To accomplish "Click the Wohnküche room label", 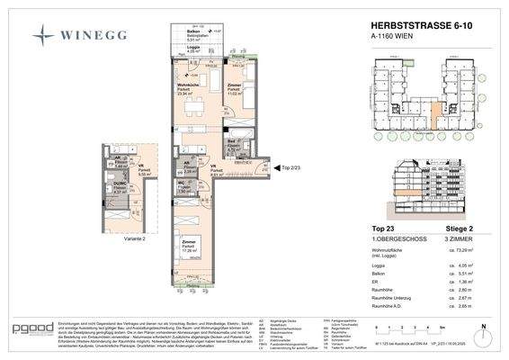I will pyautogui.click(x=188, y=86).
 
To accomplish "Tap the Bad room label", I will pyautogui.click(x=231, y=144).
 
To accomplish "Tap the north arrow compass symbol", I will pyautogui.click(x=482, y=330).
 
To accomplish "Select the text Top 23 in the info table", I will pyautogui.click(x=383, y=229).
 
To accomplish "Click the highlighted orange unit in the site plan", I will pyautogui.click(x=435, y=115).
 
